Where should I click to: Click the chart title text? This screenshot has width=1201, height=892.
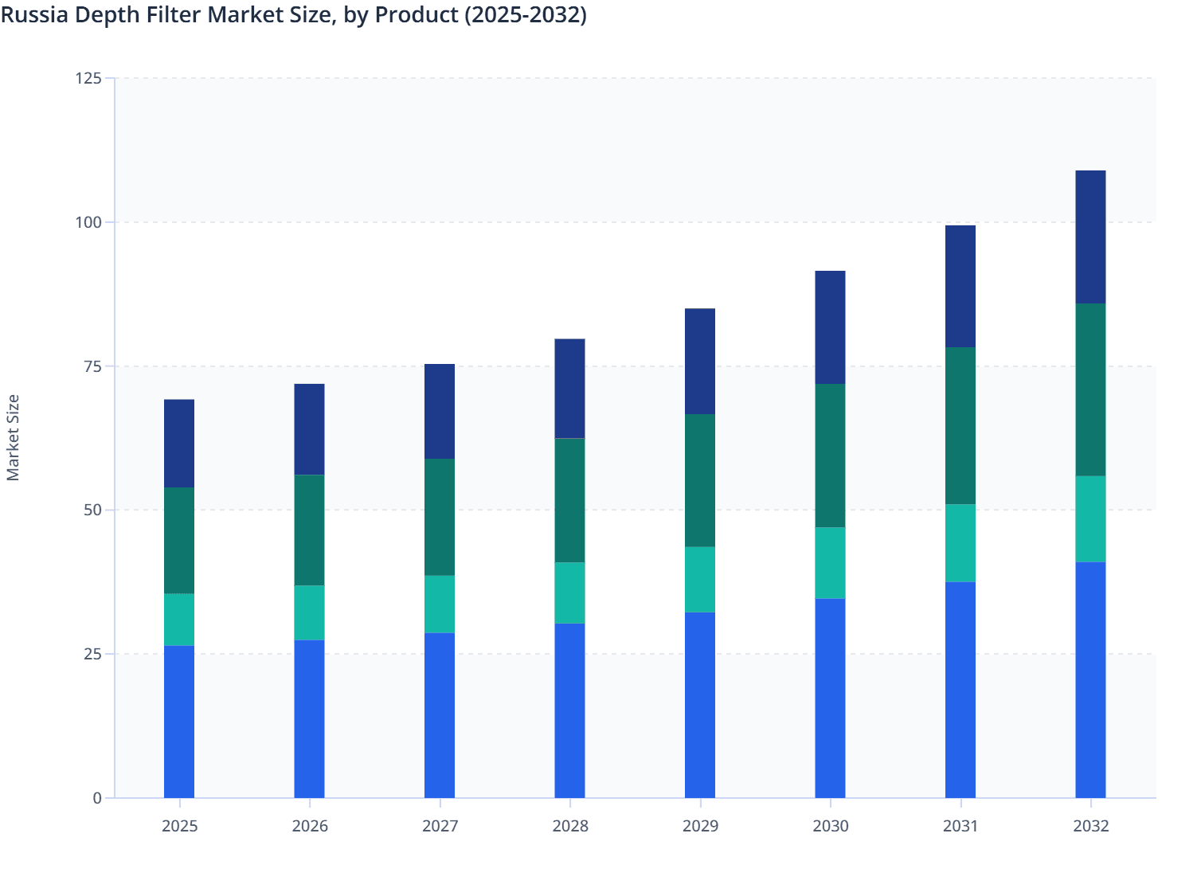(293, 14)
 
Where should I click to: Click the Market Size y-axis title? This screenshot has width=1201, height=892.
(13, 437)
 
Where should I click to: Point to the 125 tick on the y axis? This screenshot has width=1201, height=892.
(88, 78)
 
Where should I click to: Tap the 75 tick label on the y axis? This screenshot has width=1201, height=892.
(92, 366)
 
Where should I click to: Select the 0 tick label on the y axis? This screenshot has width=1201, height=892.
(97, 798)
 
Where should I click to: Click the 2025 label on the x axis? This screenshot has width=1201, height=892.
(179, 826)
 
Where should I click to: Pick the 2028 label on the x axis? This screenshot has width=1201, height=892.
(570, 826)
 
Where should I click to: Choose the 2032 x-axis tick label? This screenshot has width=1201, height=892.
(1090, 826)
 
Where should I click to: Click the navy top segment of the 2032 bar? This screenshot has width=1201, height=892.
(1090, 237)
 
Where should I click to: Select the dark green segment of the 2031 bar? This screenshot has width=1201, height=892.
(960, 425)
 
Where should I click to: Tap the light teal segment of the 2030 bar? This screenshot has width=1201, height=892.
(830, 562)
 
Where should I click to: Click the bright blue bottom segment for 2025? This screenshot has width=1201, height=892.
(179, 722)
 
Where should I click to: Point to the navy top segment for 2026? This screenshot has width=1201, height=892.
(309, 429)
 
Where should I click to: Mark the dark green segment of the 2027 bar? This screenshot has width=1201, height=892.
(440, 517)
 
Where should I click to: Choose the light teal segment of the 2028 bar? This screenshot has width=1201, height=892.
(569, 593)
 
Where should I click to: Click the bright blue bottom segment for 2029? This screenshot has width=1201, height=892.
(700, 705)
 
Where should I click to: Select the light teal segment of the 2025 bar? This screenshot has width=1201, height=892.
(179, 620)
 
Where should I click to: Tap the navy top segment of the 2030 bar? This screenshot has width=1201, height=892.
(830, 327)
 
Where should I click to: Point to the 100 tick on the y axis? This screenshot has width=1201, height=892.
(88, 222)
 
